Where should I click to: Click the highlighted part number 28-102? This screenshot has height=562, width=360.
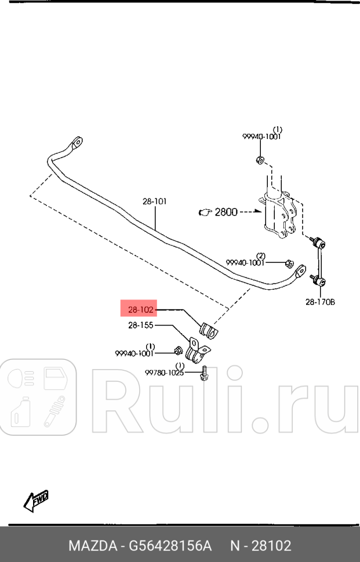click(x=138, y=310)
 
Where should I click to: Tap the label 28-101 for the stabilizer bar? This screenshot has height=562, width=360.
click(x=155, y=202)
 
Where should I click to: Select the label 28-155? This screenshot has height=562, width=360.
click(x=141, y=326)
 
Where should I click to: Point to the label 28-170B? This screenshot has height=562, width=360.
click(x=321, y=301)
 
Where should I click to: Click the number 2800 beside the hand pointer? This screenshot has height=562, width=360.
click(x=226, y=212)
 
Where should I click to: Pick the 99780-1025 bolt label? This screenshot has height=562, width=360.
click(x=165, y=373)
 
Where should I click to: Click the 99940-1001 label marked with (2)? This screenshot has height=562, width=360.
click(x=245, y=262)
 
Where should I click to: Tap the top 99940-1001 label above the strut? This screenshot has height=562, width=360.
click(x=261, y=137)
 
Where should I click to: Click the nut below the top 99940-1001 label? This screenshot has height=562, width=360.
click(x=260, y=159)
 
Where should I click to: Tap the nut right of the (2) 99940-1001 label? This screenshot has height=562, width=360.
click(x=289, y=264)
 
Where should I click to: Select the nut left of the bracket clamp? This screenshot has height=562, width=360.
click(x=179, y=351)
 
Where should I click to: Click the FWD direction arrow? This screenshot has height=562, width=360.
click(x=35, y=501)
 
